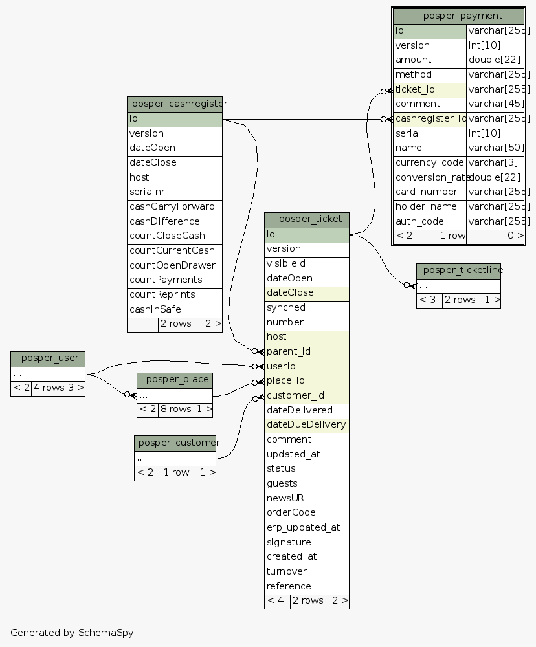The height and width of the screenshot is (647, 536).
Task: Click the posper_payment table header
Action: click(458, 16)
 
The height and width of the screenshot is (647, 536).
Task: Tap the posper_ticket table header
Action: click(307, 219)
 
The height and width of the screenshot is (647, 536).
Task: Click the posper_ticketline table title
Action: click(458, 270)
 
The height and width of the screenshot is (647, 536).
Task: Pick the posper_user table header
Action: click(48, 358)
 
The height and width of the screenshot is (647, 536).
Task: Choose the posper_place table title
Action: click(175, 380)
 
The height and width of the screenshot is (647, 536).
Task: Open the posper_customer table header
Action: click(175, 443)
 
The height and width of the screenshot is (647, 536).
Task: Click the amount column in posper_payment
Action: click(429, 60)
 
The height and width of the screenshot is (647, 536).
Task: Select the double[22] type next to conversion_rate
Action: click(495, 177)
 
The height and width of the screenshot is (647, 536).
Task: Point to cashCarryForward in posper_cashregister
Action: click(172, 206)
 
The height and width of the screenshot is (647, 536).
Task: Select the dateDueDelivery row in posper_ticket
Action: click(306, 425)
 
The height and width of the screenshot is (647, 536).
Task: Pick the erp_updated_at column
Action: click(303, 527)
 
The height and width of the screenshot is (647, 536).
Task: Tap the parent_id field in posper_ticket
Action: click(289, 351)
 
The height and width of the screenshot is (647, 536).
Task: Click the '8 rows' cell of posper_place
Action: click(175, 409)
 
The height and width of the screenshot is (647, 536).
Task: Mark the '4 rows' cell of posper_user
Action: click(48, 388)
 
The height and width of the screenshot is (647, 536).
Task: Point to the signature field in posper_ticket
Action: click(289, 542)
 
